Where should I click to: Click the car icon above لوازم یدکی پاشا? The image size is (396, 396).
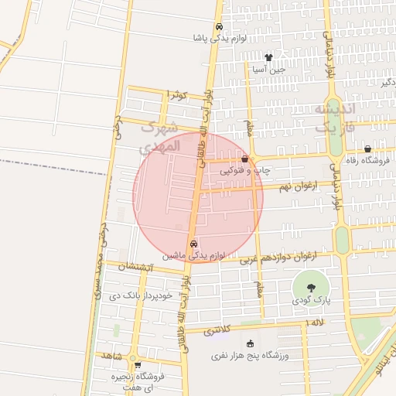click(220, 24)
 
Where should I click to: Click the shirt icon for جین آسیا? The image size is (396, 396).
click(268, 56)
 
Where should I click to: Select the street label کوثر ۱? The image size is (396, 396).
click(177, 94)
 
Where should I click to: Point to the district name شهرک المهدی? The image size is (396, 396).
click(161, 135)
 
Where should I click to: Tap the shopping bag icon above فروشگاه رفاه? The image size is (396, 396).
click(367, 148)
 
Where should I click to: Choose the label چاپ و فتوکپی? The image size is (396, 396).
click(245, 169)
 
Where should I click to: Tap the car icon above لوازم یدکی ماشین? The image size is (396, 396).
click(193, 242)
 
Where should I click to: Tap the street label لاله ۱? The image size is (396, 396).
click(316, 322)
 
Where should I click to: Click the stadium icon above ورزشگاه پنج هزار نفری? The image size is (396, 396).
click(249, 343)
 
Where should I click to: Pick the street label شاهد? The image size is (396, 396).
click(111, 355)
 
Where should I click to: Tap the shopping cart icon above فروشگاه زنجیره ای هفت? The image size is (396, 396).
click(137, 366)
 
